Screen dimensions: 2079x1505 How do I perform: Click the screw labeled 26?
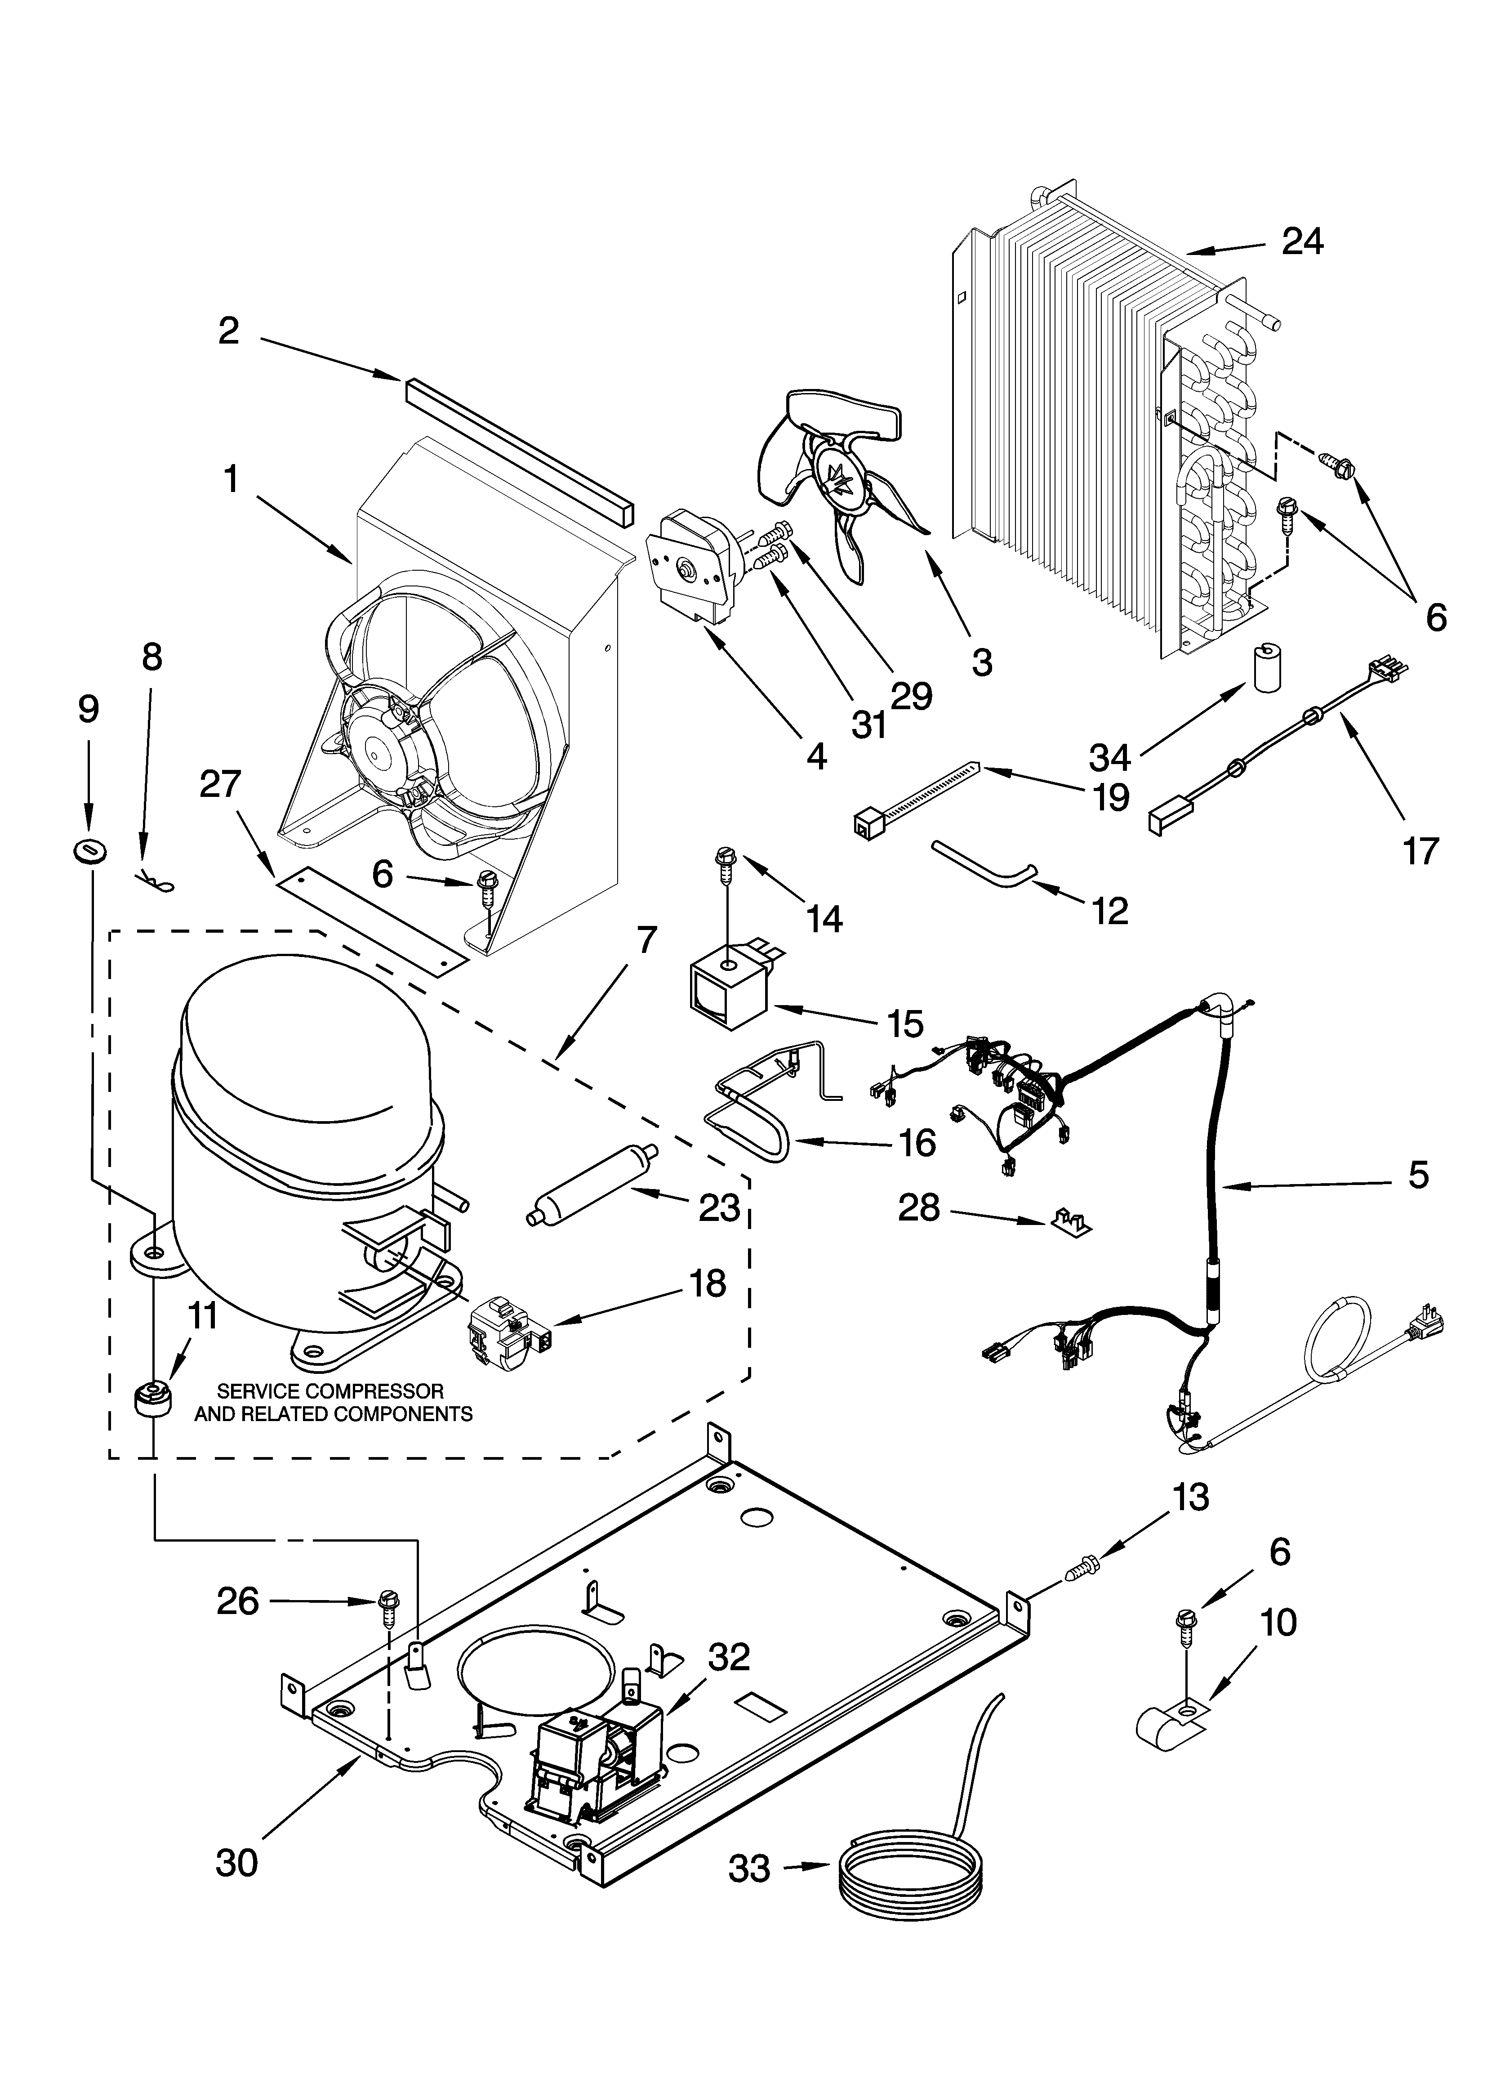387,1603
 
